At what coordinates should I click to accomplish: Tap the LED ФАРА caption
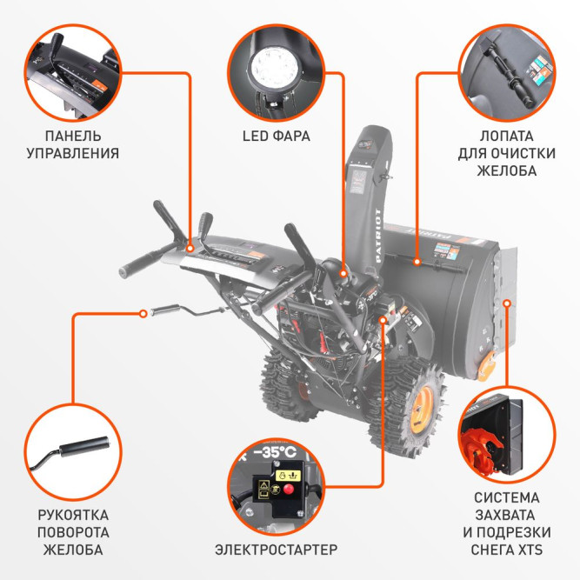[276, 137]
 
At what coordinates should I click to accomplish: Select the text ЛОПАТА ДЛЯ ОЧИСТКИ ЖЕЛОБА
[507, 153]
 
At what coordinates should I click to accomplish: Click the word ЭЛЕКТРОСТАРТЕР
[276, 550]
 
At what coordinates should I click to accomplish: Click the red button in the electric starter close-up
[286, 489]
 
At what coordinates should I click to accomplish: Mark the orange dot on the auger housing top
[417, 261]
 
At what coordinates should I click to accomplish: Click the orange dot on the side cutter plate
[508, 302]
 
